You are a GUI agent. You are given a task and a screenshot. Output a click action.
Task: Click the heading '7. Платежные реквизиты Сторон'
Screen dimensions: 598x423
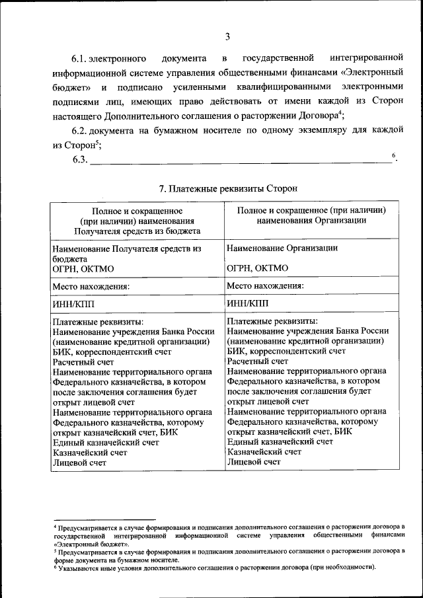(x=228, y=189)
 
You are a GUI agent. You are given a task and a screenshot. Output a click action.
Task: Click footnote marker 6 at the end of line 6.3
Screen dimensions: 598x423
(x=393, y=156)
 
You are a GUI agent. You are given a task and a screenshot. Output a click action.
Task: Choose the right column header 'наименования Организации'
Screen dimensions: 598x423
(x=312, y=221)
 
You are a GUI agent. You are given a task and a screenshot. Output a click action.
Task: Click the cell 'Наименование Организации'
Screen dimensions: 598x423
(x=282, y=248)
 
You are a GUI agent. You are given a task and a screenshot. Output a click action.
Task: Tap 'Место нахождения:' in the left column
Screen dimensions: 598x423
(x=91, y=287)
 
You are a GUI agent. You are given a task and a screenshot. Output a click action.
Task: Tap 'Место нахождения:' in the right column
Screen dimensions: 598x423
(x=265, y=286)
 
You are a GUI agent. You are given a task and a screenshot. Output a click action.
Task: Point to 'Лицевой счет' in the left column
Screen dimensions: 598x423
(x=79, y=463)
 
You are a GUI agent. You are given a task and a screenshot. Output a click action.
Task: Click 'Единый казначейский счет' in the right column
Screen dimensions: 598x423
(x=280, y=441)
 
